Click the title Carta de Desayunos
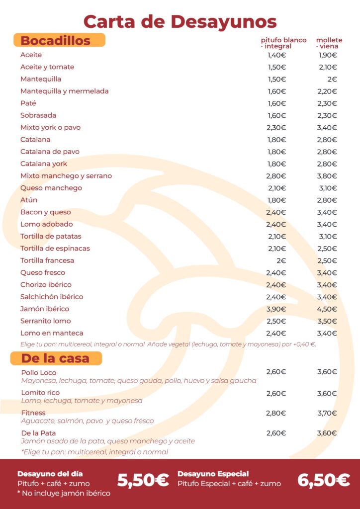[x=180, y=22]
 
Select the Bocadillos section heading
[x=56, y=41]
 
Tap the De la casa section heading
[x=55, y=358]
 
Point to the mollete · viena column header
[x=329, y=43]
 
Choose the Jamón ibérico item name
[x=45, y=309]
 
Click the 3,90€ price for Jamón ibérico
[x=276, y=309]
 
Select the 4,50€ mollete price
[x=327, y=309]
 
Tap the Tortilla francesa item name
[x=47, y=260]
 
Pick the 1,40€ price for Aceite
[x=276, y=55]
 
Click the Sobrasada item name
[x=38, y=115]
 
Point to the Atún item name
[x=29, y=200]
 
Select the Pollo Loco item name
[x=39, y=373]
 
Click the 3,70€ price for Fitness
[x=327, y=413]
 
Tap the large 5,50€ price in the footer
[x=143, y=481]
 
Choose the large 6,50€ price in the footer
[x=324, y=481]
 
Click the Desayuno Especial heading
[x=213, y=474]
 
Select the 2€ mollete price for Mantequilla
[x=332, y=79]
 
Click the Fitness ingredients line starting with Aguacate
[x=88, y=421]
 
